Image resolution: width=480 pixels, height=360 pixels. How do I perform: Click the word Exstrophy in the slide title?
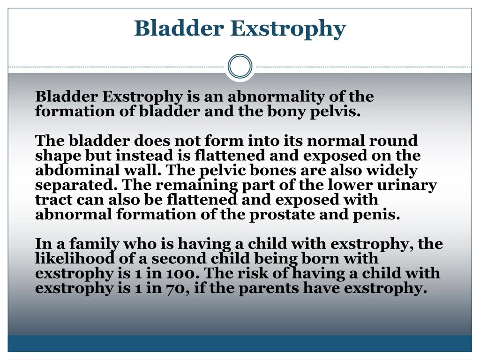point(288,29)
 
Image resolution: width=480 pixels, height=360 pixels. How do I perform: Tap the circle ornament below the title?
point(240,67)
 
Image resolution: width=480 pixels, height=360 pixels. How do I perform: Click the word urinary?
point(409,185)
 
